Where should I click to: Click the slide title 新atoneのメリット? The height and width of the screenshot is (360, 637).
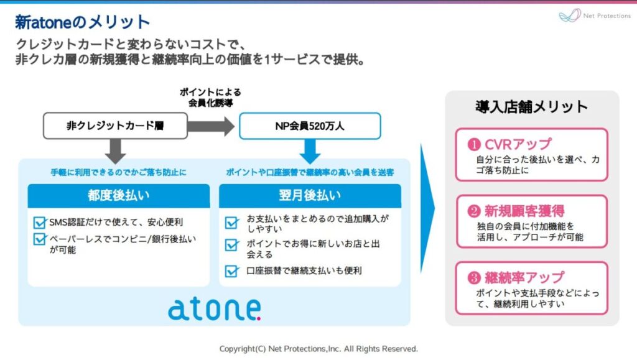pyautogui.click(x=83, y=22)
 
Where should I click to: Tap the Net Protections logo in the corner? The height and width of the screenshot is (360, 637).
pyautogui.click(x=594, y=16)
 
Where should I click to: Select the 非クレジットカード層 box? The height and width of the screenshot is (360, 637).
pyautogui.click(x=115, y=126)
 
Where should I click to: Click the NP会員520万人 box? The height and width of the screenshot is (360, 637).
pyautogui.click(x=310, y=126)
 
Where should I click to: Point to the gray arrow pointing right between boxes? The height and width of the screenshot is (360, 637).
pyautogui.click(x=211, y=126)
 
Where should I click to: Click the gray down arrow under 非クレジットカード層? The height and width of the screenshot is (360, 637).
pyautogui.click(x=115, y=151)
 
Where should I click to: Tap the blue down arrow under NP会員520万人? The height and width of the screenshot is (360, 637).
pyautogui.click(x=310, y=151)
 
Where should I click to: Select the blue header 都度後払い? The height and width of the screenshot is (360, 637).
pyautogui.click(x=118, y=196)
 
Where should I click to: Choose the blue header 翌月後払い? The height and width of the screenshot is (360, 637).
pyautogui.click(x=310, y=196)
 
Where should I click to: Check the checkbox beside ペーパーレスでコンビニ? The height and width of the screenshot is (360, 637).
pyautogui.click(x=40, y=238)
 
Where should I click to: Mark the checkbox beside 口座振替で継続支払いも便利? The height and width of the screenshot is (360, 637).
pyautogui.click(x=232, y=271)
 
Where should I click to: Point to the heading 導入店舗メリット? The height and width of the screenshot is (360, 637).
pyautogui.click(x=531, y=107)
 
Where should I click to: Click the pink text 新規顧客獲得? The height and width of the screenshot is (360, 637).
pyautogui.click(x=524, y=211)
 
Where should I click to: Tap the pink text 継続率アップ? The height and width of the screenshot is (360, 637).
pyautogui.click(x=524, y=277)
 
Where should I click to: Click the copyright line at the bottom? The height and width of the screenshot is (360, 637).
pyautogui.click(x=318, y=349)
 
